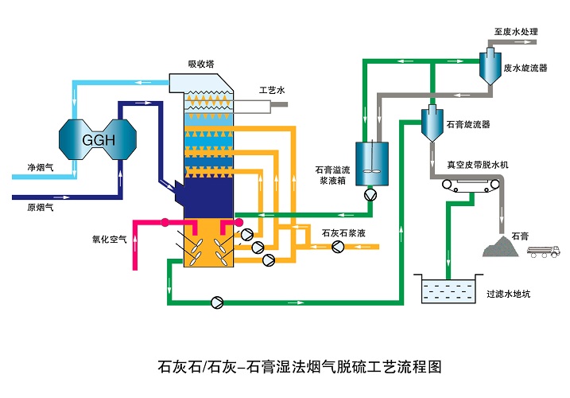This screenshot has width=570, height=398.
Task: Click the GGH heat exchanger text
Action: [x=99, y=140]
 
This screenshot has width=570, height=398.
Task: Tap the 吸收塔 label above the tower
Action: [x=201, y=64]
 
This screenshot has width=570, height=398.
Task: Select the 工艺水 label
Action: [x=272, y=90]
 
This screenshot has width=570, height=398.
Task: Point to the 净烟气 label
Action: [x=41, y=167]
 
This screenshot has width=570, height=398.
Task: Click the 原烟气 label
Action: [x=41, y=207]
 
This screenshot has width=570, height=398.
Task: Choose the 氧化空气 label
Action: [x=110, y=240]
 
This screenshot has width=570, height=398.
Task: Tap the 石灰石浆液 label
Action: [x=343, y=233]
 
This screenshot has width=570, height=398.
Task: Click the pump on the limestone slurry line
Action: [x=338, y=247]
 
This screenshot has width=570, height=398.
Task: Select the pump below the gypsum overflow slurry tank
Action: [x=370, y=195]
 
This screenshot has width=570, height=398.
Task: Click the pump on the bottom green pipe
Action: [x=217, y=302]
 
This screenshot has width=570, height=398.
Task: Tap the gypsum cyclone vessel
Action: [x=432, y=123]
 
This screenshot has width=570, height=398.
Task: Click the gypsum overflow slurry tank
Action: [x=372, y=163]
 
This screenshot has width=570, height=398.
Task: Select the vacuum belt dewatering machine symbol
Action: [x=471, y=185]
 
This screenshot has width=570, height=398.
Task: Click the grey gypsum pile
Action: [x=500, y=247]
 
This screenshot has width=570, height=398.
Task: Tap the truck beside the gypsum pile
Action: [x=543, y=252]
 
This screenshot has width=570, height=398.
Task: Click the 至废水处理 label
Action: [x=516, y=32]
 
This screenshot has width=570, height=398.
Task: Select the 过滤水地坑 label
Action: [x=509, y=294]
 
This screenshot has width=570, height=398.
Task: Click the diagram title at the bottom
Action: [x=300, y=367]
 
